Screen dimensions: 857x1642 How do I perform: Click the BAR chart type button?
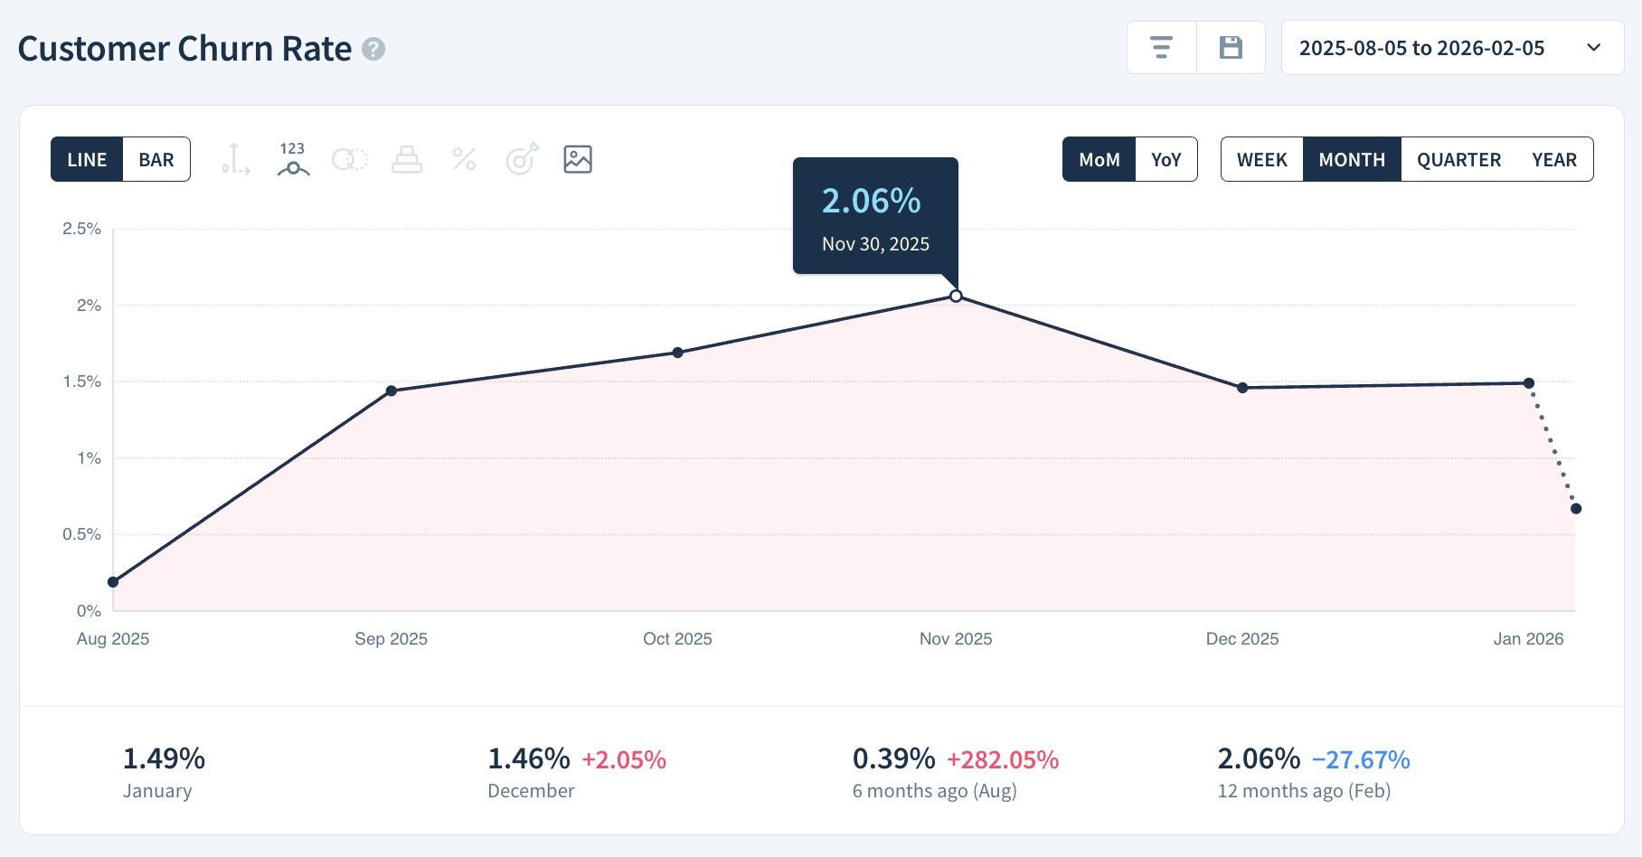(x=156, y=160)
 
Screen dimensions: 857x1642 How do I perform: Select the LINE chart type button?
(x=87, y=160)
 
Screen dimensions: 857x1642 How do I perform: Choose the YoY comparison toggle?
(x=1165, y=160)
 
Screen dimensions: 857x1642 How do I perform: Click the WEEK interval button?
(x=1261, y=160)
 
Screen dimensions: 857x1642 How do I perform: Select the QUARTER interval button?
(x=1458, y=160)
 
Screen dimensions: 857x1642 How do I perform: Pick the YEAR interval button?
(x=1553, y=160)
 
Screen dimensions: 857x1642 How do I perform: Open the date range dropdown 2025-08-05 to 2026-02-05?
(x=1451, y=48)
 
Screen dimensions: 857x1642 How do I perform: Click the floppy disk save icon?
(x=1231, y=48)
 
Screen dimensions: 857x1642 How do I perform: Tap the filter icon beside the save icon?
(x=1161, y=48)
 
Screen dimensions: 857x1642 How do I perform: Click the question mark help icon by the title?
(x=373, y=49)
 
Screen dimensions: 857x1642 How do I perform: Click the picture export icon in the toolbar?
(x=577, y=160)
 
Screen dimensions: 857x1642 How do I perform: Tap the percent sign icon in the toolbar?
(x=464, y=160)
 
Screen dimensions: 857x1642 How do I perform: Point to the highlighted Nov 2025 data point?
(x=956, y=297)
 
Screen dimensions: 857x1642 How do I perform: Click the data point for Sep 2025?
(x=392, y=391)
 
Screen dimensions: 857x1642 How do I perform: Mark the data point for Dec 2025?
(x=1242, y=388)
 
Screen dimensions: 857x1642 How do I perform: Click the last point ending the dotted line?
(x=1576, y=509)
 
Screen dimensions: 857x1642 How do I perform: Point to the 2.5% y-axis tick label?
(x=81, y=229)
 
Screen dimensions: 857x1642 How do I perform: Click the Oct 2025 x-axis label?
(x=677, y=639)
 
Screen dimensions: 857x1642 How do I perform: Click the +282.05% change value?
(x=1002, y=760)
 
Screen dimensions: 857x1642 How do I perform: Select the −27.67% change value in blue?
(x=1360, y=760)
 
